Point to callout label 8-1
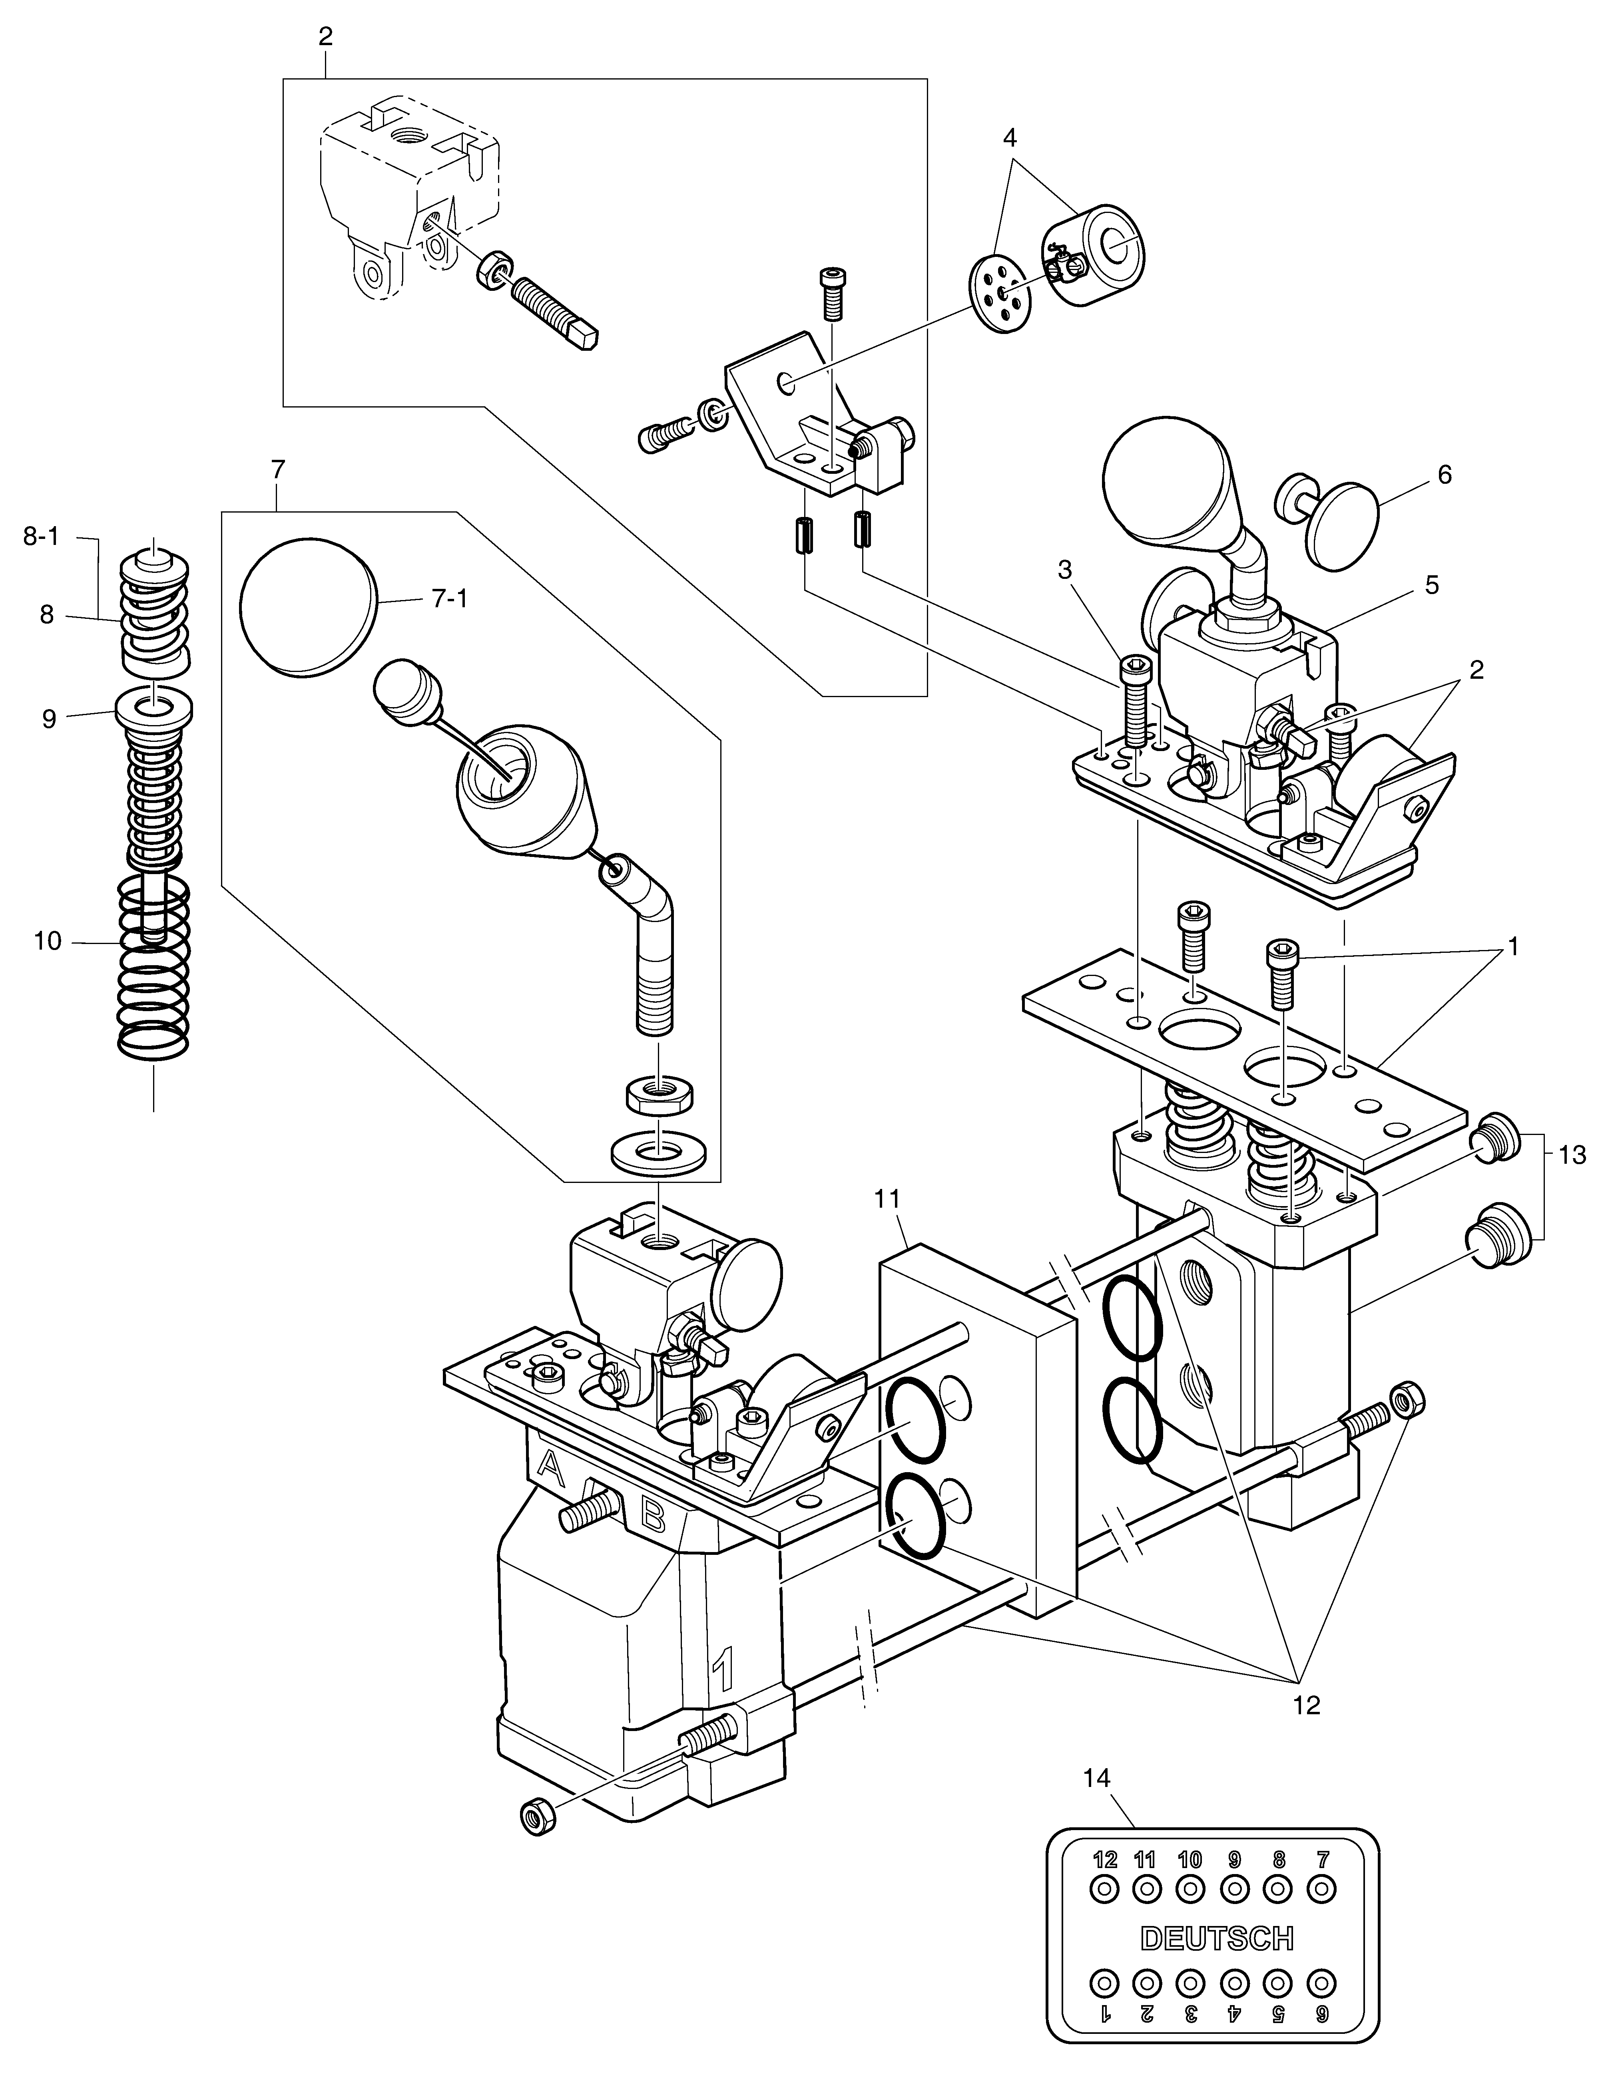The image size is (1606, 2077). tap(41, 537)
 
